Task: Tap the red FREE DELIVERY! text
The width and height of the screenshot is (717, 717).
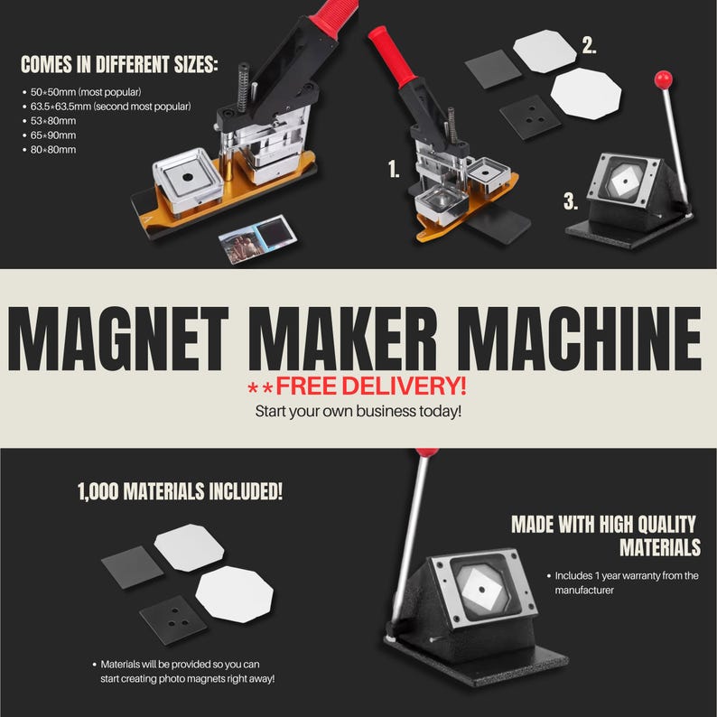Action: (370, 386)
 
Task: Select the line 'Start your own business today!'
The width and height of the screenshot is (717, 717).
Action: (358, 412)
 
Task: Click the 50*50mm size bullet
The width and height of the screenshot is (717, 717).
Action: (87, 92)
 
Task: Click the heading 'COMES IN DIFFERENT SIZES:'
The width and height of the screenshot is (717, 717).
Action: (119, 65)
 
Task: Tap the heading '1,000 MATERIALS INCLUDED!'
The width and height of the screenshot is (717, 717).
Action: (180, 492)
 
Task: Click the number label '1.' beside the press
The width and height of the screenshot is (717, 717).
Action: (393, 169)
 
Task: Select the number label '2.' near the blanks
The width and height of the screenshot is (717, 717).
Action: (589, 45)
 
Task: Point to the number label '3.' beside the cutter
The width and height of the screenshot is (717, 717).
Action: (571, 202)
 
